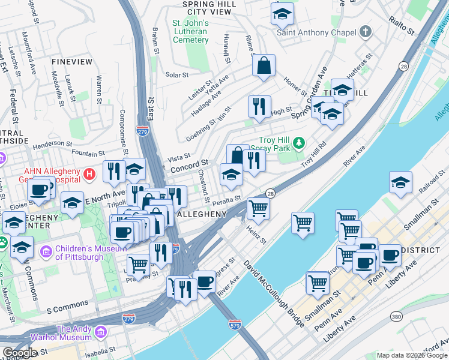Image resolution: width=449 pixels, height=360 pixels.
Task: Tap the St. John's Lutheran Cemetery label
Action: coord(190,32)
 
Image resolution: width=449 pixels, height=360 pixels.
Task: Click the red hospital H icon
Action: coord(90,175)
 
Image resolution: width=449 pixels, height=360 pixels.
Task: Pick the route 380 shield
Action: coord(396,316)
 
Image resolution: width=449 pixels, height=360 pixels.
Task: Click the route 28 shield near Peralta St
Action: coord(270,193)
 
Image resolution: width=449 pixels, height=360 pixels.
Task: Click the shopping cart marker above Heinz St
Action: coord(258,208)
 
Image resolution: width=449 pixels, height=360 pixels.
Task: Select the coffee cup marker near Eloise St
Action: coord(40,190)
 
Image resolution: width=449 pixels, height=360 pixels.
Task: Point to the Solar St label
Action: coord(177,75)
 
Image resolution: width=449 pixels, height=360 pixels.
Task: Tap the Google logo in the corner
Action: coord(20,352)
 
